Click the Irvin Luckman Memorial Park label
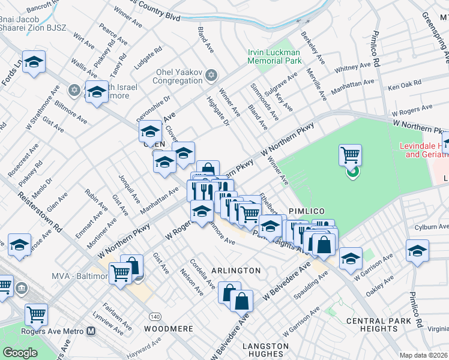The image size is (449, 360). click(x=274, y=56)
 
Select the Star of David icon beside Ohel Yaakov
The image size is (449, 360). click(x=210, y=75)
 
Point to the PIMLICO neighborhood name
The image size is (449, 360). click(x=306, y=211)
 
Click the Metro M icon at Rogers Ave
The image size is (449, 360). click(x=91, y=331)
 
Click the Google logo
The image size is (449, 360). click(x=20, y=352)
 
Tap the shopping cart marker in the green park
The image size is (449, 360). click(x=350, y=155)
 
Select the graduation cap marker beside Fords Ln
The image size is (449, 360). click(x=34, y=62)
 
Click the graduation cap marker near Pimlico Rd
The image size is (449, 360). click(x=417, y=250)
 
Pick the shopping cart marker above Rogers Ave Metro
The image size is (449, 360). click(x=37, y=314)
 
